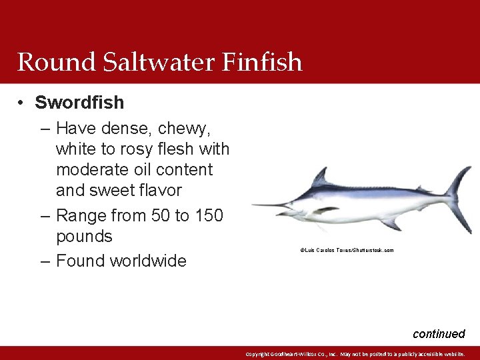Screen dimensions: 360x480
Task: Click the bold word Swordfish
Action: (x=79, y=102)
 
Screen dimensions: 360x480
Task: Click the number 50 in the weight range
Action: (x=155, y=215)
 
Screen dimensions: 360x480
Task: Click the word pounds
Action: (x=84, y=237)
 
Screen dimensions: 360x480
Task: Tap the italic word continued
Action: (x=438, y=333)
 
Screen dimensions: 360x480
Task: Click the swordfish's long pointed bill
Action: (x=270, y=205)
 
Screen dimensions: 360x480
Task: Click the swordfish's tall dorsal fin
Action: (x=321, y=177)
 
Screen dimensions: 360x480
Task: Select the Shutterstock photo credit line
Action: (x=346, y=250)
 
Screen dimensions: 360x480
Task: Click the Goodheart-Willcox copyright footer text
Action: (x=355, y=354)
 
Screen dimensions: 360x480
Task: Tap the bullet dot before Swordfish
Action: (x=22, y=103)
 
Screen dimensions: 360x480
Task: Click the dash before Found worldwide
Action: (x=45, y=260)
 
